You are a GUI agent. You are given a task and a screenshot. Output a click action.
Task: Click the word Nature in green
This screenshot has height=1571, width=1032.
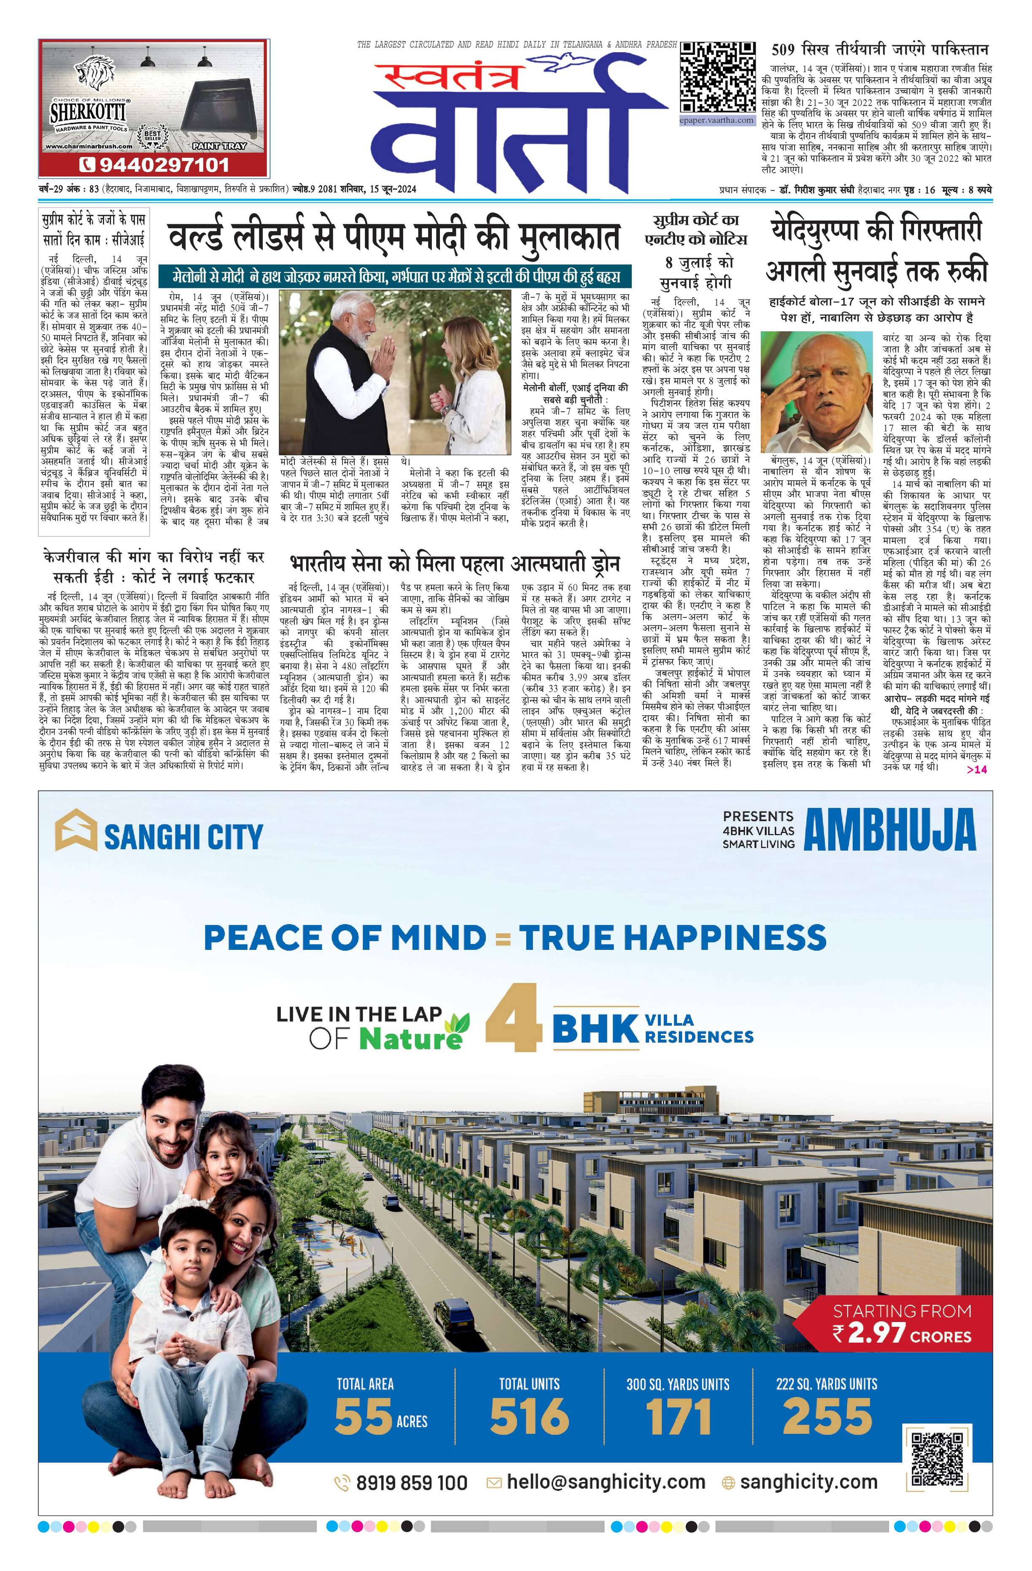tap(410, 1038)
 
